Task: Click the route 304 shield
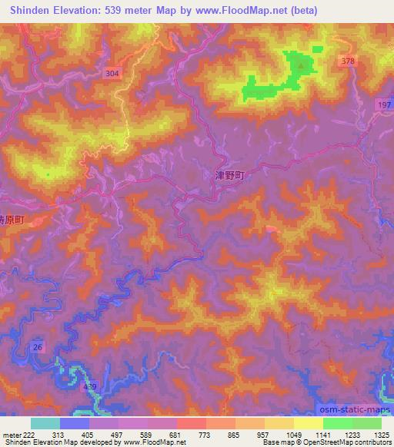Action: pos(113,73)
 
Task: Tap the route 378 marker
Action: pos(346,61)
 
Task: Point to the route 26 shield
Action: pos(38,347)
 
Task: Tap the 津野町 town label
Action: pos(229,175)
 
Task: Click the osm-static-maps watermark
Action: pos(354,412)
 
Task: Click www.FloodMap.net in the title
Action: pos(239,11)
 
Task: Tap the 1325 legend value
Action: pos(381,434)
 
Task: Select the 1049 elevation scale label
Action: pos(294,434)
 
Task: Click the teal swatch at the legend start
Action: pos(45,423)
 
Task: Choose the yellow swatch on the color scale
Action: pos(308,423)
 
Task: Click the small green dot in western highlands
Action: pos(48,174)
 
